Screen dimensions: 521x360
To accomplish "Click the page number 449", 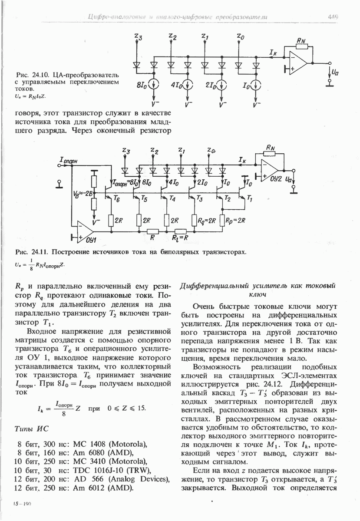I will [x=333, y=16].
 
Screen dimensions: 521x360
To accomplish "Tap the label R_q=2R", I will [x=205, y=220].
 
